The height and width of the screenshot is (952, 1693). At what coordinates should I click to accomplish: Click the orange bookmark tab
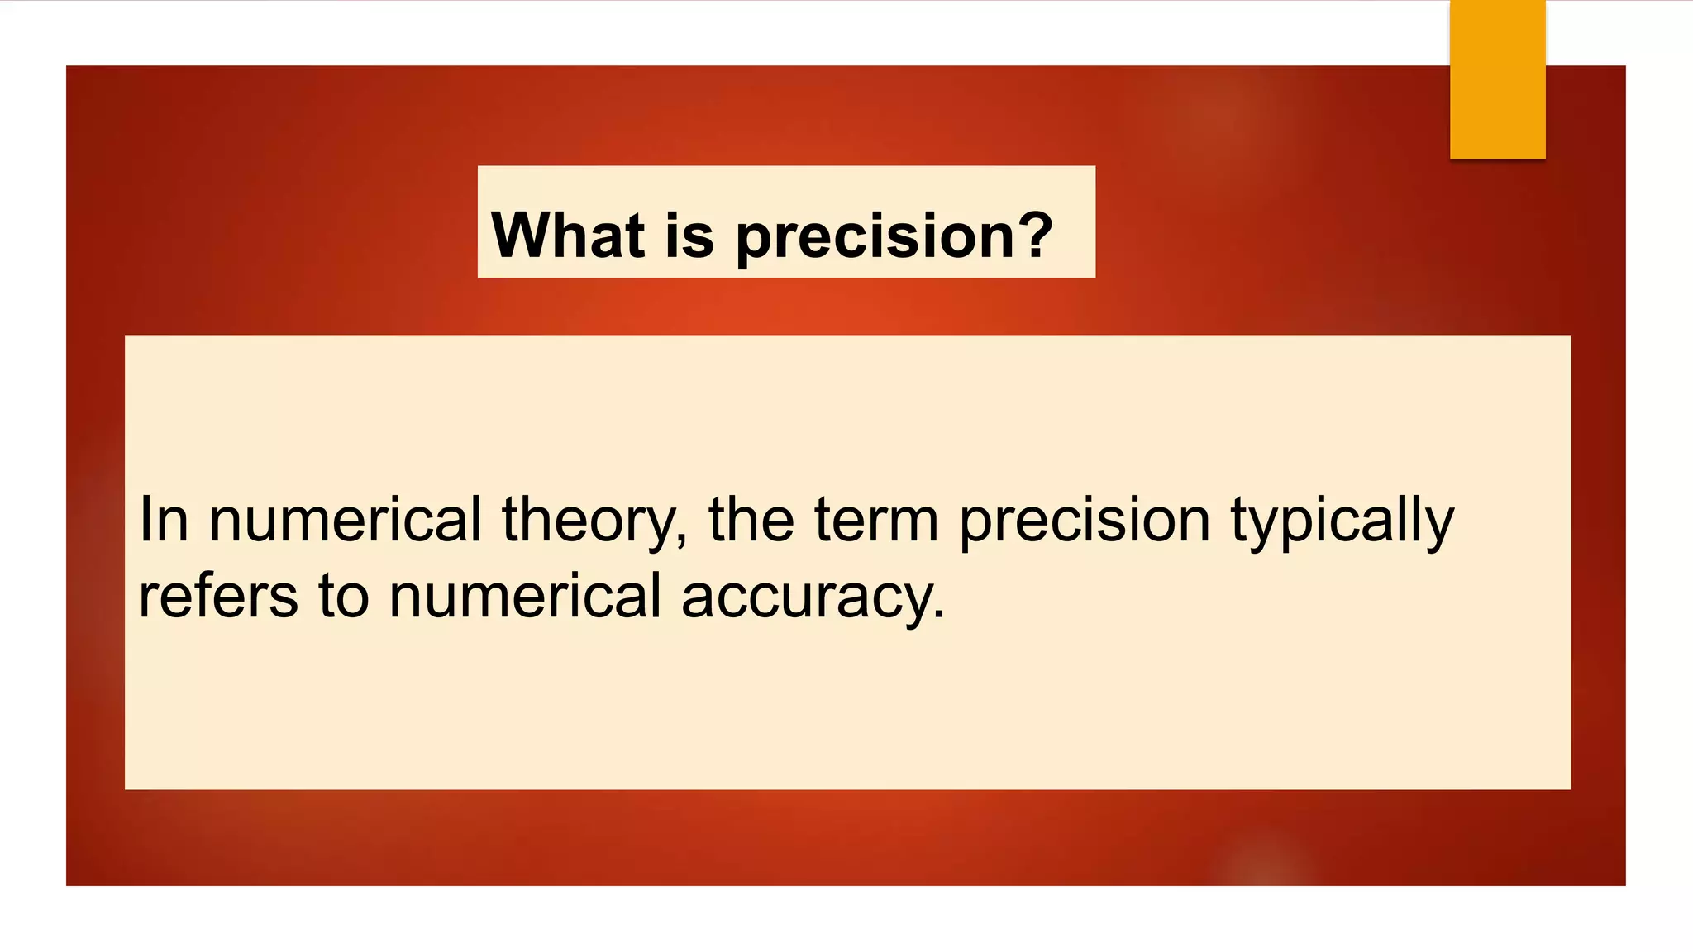tap(1497, 79)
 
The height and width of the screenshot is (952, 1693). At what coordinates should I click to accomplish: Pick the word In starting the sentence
tap(164, 520)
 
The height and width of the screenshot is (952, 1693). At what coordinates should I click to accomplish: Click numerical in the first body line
tap(345, 520)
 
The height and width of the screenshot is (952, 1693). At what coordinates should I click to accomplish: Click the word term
tap(876, 520)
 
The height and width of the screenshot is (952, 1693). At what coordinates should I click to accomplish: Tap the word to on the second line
tap(344, 596)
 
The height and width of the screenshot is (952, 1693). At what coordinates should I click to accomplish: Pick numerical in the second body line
tap(525, 596)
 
